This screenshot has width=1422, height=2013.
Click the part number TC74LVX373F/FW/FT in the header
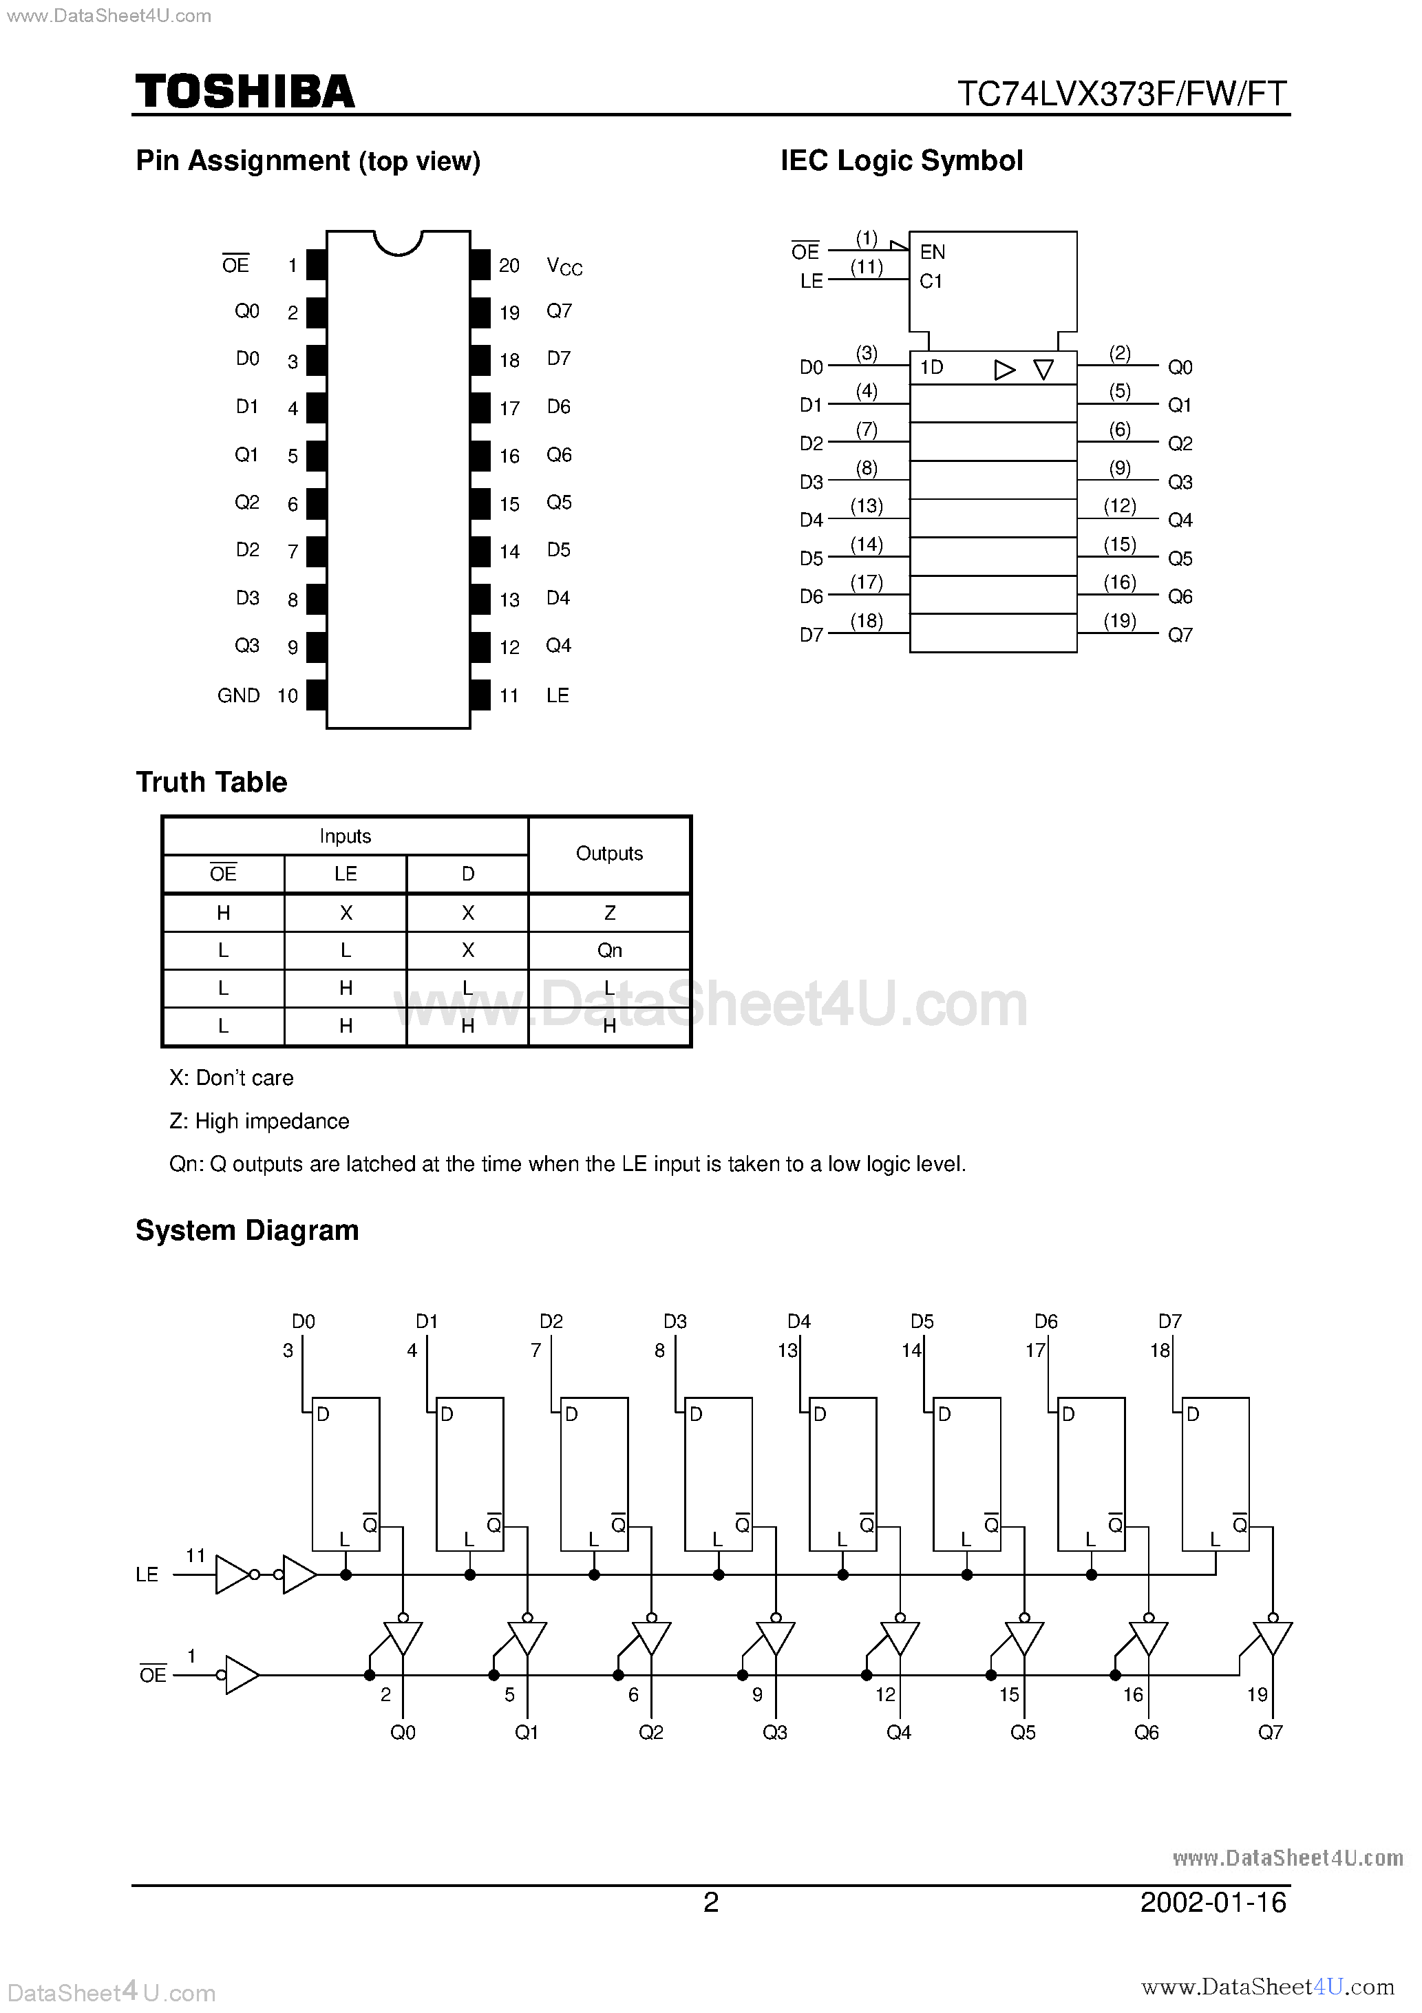tap(1121, 93)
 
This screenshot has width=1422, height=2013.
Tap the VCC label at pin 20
tap(564, 266)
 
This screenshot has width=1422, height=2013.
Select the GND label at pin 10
tap(238, 695)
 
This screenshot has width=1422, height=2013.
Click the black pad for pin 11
tap(480, 695)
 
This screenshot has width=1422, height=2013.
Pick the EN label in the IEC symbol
tap(932, 253)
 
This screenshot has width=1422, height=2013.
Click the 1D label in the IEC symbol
tap(931, 368)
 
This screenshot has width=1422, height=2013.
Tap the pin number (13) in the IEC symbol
tap(866, 506)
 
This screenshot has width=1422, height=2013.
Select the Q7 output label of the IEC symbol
tap(1180, 635)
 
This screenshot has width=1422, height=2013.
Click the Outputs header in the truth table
tap(609, 854)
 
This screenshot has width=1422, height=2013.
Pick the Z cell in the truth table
tap(609, 913)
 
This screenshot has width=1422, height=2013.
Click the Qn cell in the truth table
tap(609, 950)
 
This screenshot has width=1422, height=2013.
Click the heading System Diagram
tap(247, 1231)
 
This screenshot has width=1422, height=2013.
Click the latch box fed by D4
tap(842, 1473)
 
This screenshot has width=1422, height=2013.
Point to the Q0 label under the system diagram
tap(403, 1732)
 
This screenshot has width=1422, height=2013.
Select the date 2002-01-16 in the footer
tap(1213, 1903)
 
